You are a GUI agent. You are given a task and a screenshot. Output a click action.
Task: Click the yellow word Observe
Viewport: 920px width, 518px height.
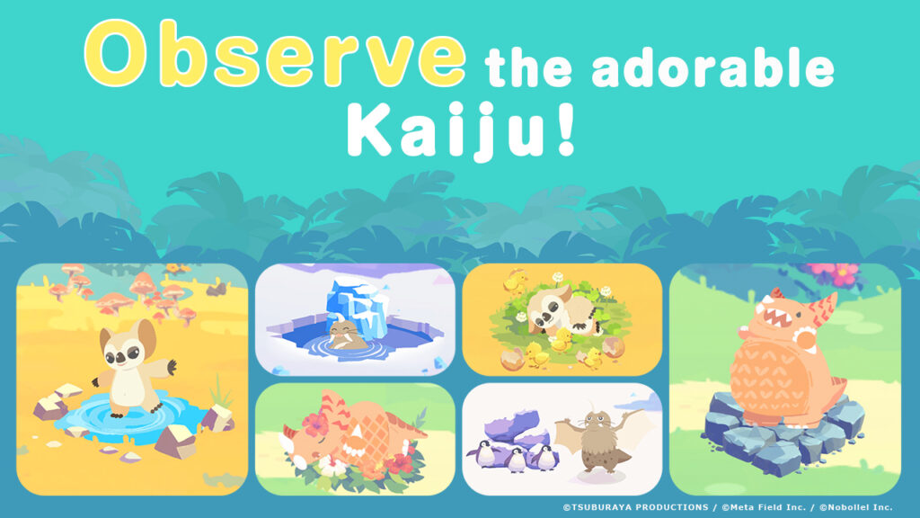point(276,54)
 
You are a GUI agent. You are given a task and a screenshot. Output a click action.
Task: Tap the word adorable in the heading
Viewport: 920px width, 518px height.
point(712,68)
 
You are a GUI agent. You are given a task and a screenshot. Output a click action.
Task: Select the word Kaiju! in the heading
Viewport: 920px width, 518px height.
point(461,130)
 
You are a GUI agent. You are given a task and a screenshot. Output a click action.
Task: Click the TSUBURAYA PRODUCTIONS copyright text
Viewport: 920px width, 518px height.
point(635,507)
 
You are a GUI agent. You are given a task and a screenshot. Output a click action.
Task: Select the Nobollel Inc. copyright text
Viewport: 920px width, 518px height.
point(855,507)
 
